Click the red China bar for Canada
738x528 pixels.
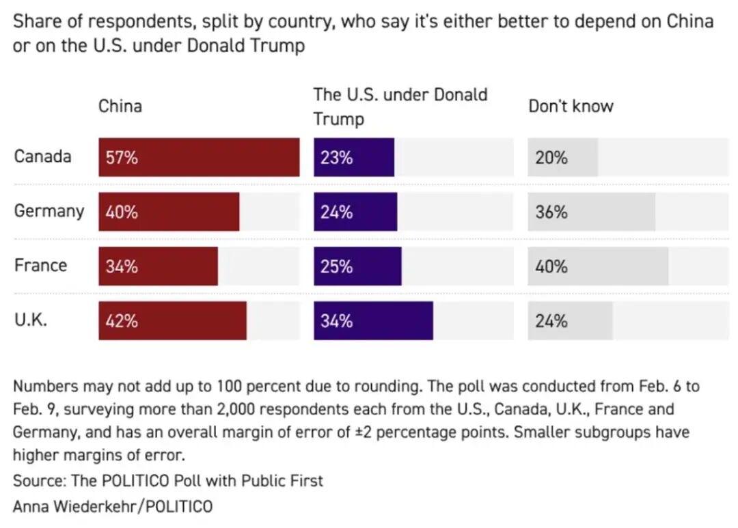[199, 157]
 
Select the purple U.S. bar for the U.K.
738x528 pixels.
[373, 320]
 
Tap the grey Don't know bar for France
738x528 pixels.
[598, 266]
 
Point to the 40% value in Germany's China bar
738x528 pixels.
[122, 212]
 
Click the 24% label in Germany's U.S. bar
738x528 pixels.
[337, 212]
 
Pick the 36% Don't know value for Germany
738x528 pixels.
[551, 212]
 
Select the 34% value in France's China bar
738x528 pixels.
[122, 266]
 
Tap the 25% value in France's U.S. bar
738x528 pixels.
[337, 266]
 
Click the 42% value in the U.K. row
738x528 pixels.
[122, 321]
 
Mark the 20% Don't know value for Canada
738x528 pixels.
[551, 158]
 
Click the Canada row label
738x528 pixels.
[42, 156]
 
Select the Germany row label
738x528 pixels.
[49, 210]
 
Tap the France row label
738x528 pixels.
[40, 265]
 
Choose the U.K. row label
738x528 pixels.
[31, 320]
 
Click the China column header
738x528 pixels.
[120, 106]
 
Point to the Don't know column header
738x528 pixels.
[571, 106]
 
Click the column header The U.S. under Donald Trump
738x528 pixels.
[400, 107]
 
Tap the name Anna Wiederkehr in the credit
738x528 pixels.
[72, 506]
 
